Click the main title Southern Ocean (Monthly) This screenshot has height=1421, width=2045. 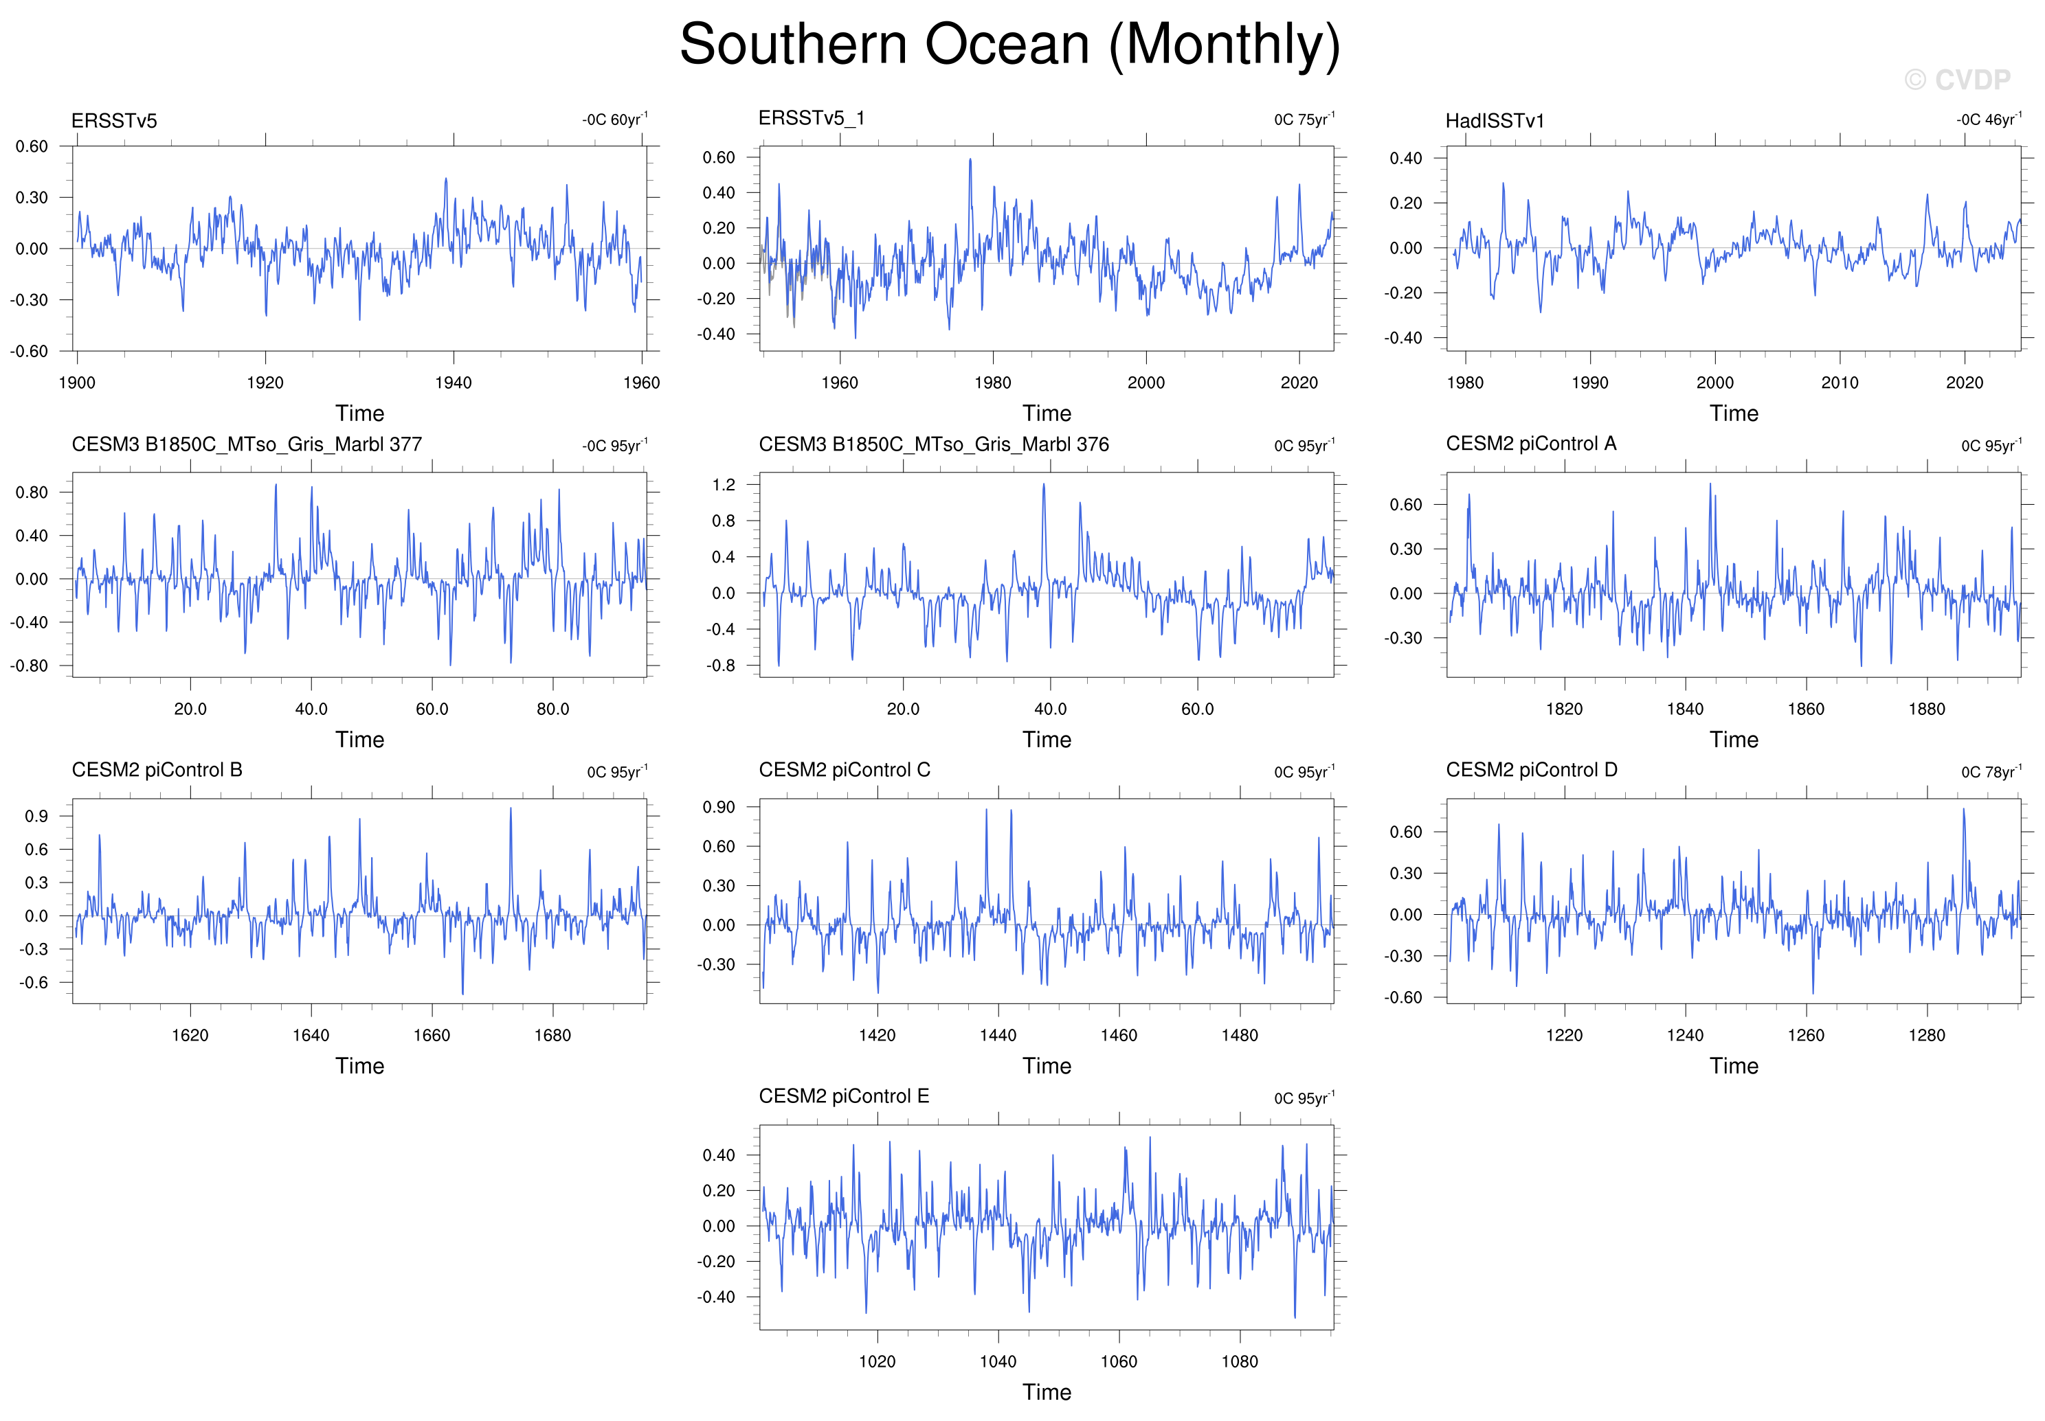(1009, 45)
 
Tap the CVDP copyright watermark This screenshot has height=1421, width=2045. (1957, 80)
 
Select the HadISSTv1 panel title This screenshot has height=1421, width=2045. (1495, 121)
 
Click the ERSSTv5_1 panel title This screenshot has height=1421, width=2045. (812, 118)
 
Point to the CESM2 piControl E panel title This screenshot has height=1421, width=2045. (843, 1096)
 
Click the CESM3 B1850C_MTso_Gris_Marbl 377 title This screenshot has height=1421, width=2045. (247, 444)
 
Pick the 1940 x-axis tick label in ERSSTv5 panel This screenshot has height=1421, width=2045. (454, 383)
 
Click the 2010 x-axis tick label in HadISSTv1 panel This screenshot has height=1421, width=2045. (1840, 383)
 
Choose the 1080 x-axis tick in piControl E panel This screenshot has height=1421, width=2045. (1239, 1361)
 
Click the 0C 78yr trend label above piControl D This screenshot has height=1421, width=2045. (1991, 771)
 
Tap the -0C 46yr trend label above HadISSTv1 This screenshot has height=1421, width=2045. (1988, 120)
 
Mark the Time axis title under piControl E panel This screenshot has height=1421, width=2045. (1047, 1391)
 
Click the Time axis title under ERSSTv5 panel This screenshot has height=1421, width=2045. (360, 413)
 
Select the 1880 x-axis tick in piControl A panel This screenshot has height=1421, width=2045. (1927, 709)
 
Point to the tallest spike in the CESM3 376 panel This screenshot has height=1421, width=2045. (1044, 484)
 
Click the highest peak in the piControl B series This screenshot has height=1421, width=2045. (511, 808)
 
